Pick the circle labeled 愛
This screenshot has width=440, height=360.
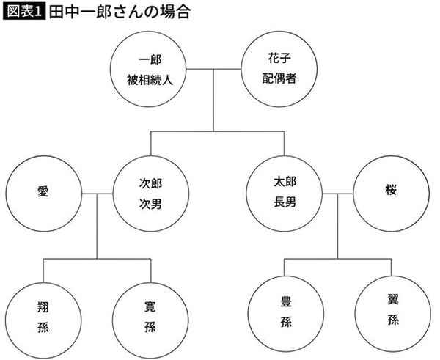41,194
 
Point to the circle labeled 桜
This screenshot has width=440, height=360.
389,194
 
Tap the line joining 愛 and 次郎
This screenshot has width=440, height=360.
98,194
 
